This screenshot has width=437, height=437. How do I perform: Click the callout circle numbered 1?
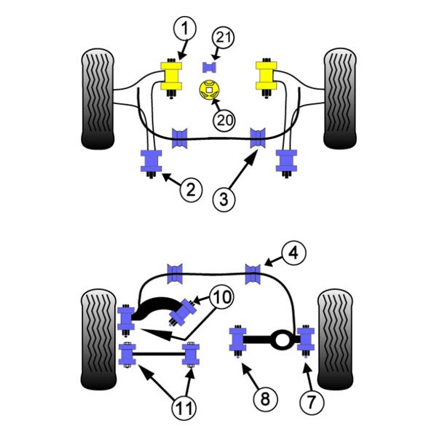[x=185, y=28]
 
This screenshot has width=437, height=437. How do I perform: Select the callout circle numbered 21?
[x=224, y=37]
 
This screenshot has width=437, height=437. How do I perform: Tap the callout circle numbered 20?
[x=224, y=120]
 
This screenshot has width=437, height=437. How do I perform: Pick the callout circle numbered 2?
[x=191, y=190]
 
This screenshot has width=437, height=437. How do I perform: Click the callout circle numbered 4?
[x=294, y=253]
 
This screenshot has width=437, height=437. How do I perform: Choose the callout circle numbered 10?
[x=221, y=296]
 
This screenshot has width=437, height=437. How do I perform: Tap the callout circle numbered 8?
[x=265, y=399]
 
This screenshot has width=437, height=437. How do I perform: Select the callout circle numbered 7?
[x=312, y=401]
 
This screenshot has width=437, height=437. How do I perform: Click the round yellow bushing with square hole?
[x=209, y=90]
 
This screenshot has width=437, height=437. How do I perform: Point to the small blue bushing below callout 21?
[x=209, y=68]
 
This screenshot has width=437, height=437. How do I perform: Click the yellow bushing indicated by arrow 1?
[x=172, y=76]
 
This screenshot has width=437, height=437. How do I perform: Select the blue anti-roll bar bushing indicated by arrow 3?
[x=258, y=138]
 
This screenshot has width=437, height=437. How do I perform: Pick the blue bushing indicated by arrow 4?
[x=253, y=275]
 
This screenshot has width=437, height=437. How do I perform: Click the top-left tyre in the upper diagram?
[x=98, y=99]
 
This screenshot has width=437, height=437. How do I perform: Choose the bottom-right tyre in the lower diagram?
[x=335, y=339]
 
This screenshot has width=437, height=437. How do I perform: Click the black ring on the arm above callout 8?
[x=282, y=339]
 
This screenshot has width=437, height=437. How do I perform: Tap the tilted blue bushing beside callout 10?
[x=183, y=312]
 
